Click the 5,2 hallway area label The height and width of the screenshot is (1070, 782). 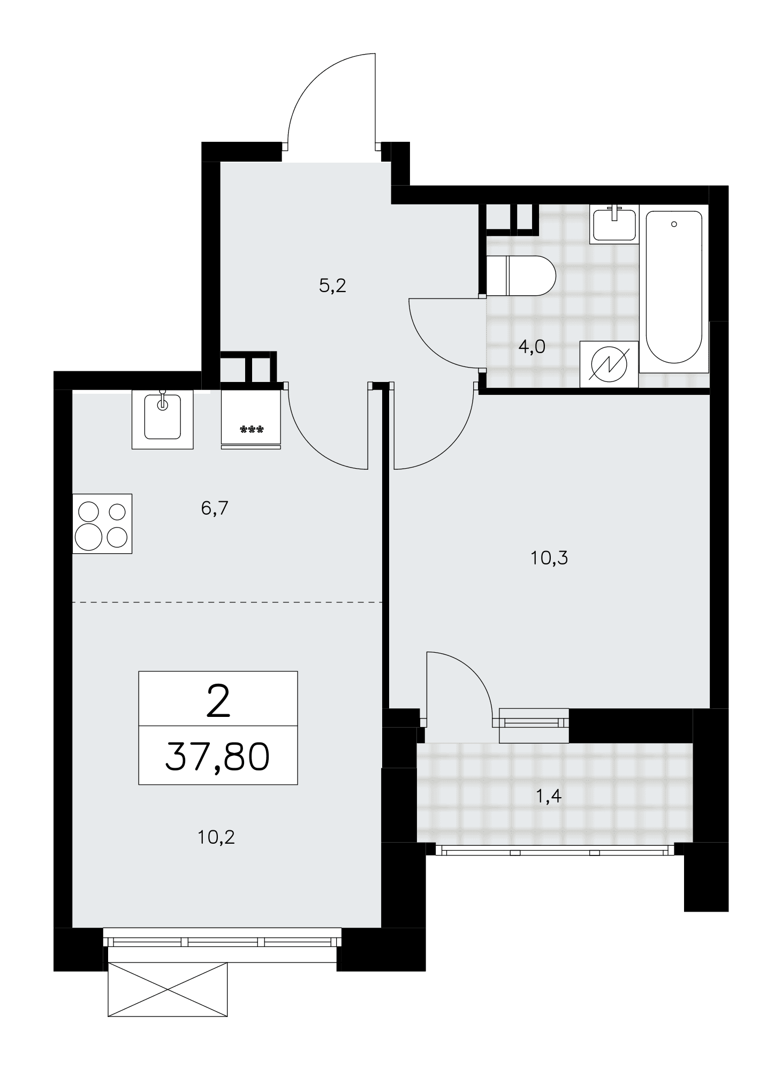click(x=332, y=286)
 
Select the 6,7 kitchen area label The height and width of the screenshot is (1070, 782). click(x=215, y=508)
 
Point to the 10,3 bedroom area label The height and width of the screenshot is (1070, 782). click(x=549, y=558)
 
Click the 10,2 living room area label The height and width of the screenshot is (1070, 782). click(x=216, y=837)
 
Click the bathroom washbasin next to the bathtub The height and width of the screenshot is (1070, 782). click(x=615, y=224)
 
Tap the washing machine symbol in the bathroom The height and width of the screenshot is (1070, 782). click(x=609, y=364)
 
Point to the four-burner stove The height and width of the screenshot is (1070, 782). click(x=102, y=523)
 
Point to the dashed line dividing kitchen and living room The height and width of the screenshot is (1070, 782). click(x=227, y=602)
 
